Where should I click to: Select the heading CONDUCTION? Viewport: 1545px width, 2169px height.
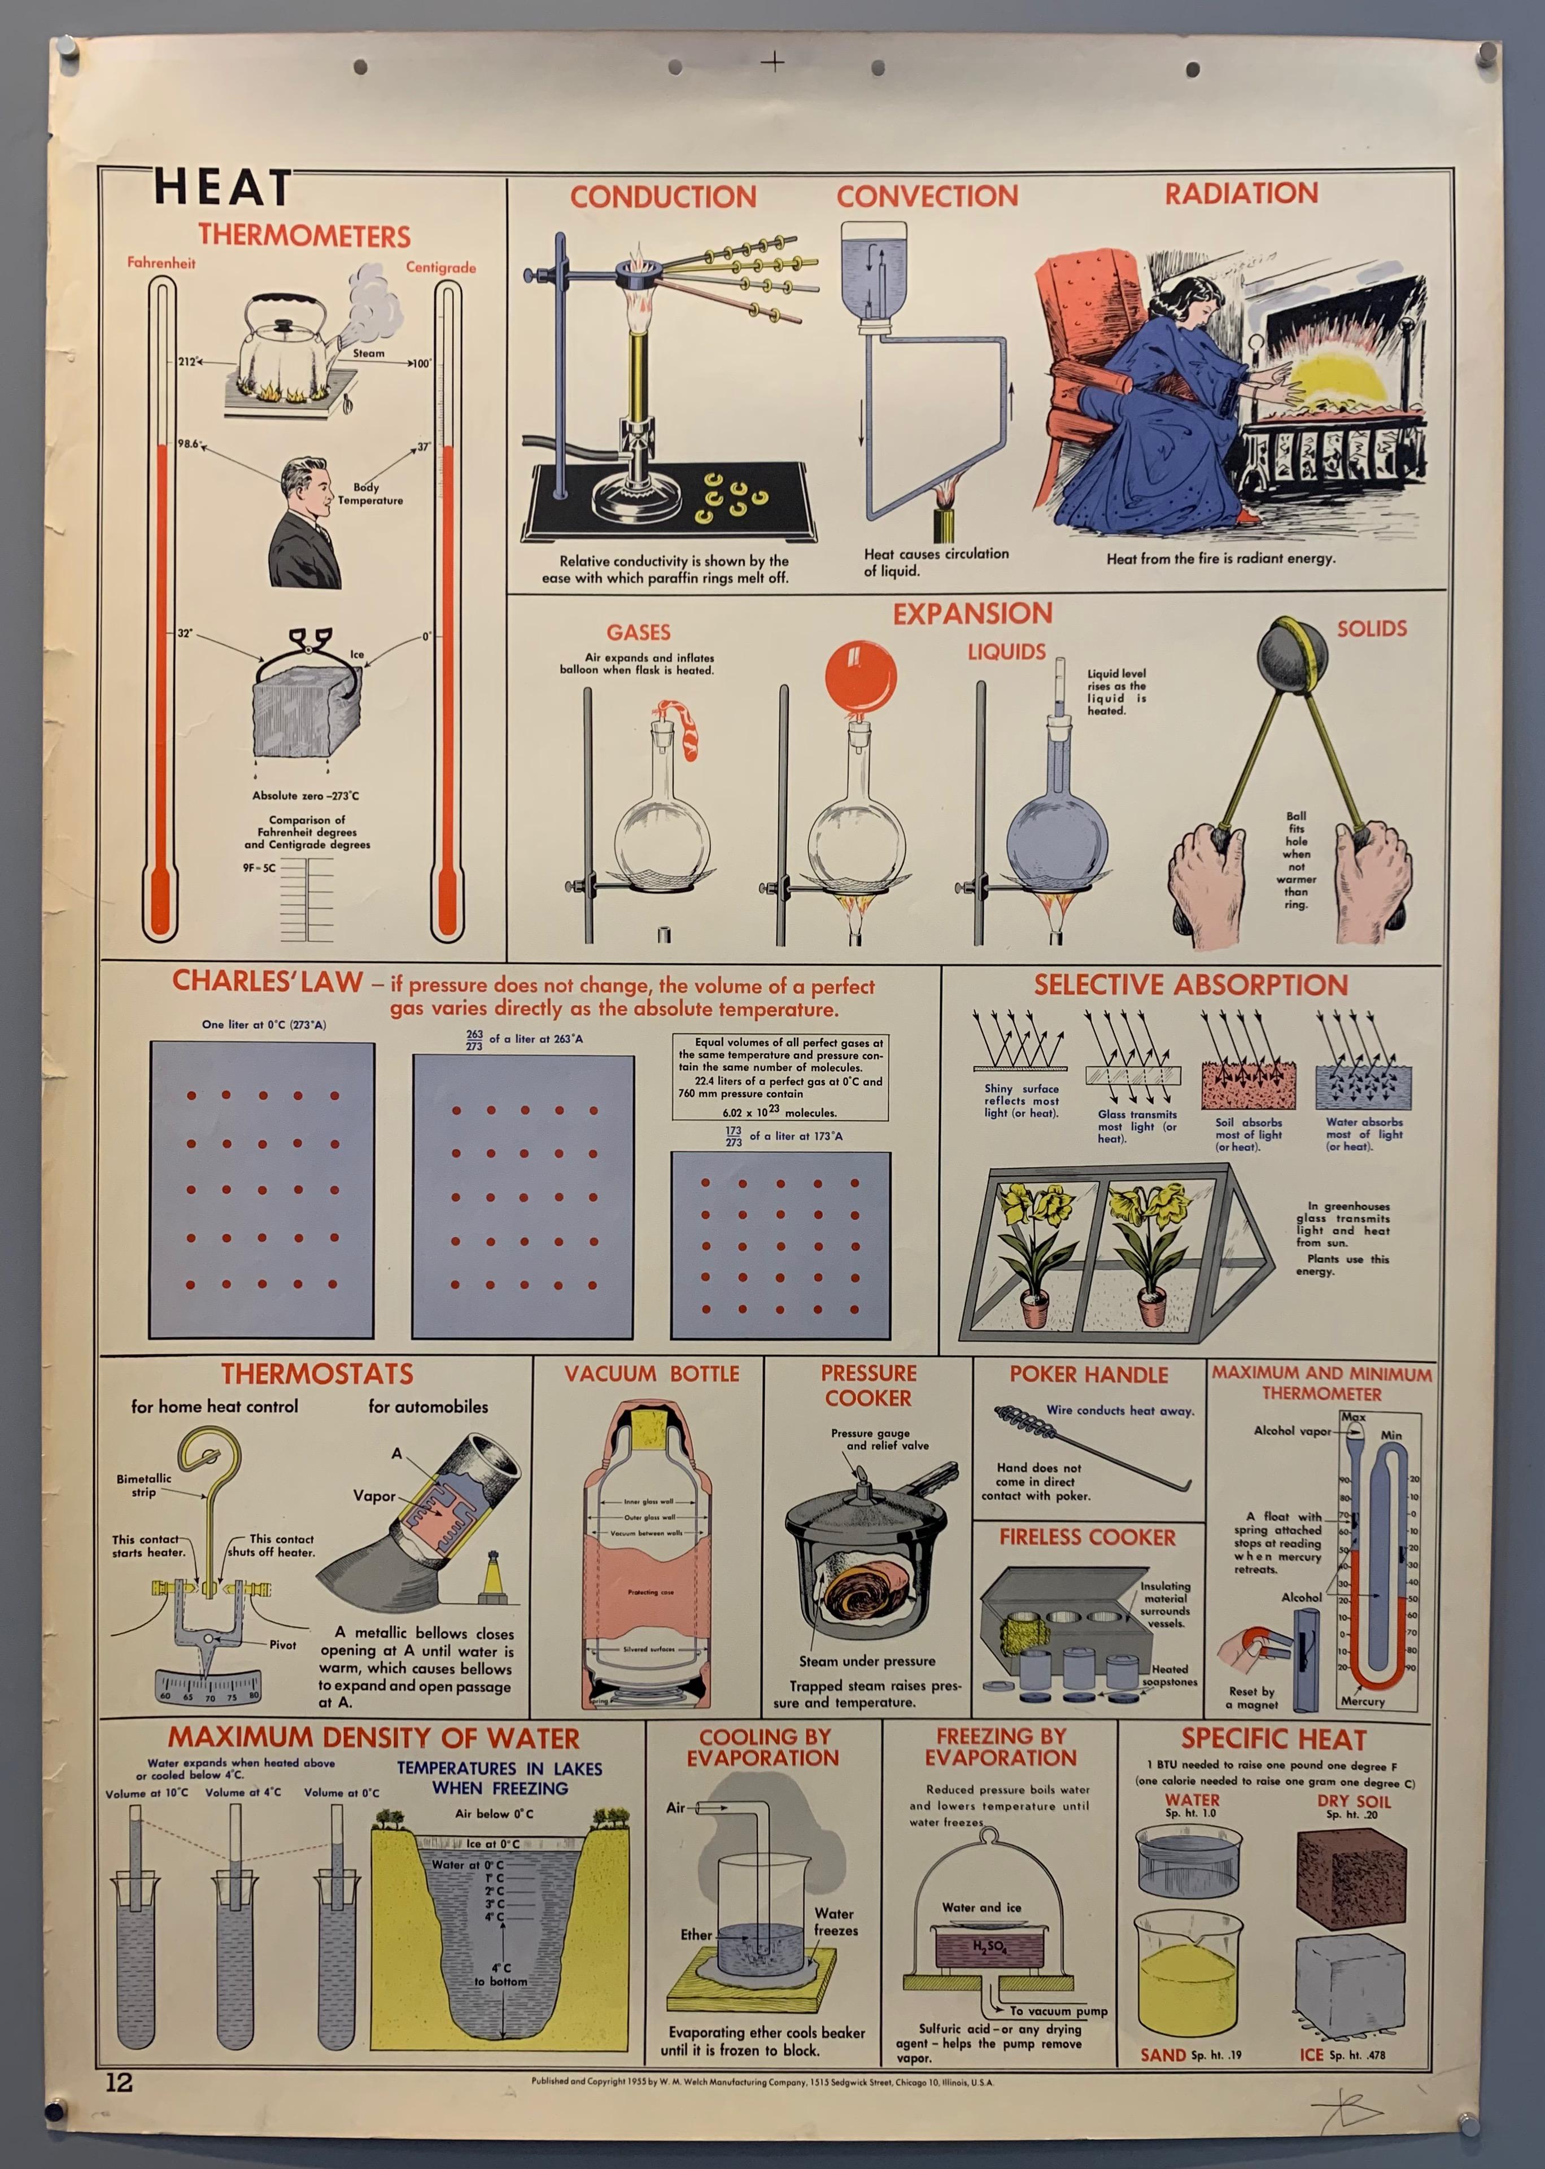coord(663,197)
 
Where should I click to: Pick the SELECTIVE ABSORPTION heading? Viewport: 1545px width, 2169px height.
coord(1190,985)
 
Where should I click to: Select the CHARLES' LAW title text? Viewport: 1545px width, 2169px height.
coord(267,982)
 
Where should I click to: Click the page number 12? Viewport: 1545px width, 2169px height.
coord(119,2083)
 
